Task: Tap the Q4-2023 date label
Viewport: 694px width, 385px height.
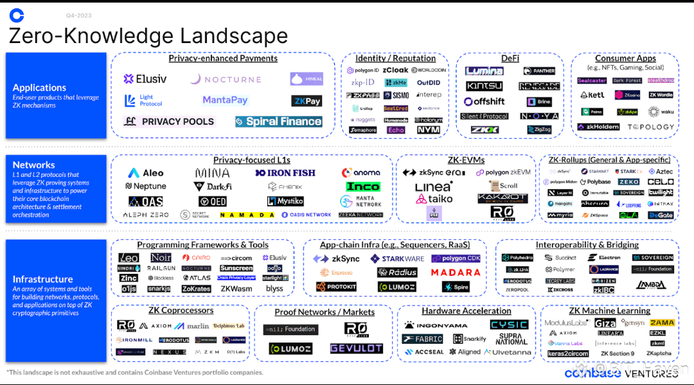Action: pos(78,15)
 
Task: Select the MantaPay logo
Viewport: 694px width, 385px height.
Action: pos(225,100)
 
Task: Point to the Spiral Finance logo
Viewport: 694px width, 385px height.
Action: pos(278,121)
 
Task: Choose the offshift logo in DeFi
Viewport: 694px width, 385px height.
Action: pos(485,102)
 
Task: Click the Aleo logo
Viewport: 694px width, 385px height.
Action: pos(146,173)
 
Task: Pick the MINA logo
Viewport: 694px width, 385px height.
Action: pos(212,173)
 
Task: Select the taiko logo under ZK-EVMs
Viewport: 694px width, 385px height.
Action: pos(434,199)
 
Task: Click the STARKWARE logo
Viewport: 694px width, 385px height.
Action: pos(397,259)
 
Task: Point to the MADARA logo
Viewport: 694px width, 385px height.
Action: pos(456,273)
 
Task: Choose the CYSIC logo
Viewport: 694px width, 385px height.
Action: pos(509,325)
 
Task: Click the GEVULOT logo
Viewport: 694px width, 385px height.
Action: pos(356,348)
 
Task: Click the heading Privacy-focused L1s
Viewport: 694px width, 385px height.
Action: pos(251,160)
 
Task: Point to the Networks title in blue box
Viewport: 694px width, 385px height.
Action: pos(34,165)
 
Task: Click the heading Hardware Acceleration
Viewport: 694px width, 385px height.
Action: pos(467,311)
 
